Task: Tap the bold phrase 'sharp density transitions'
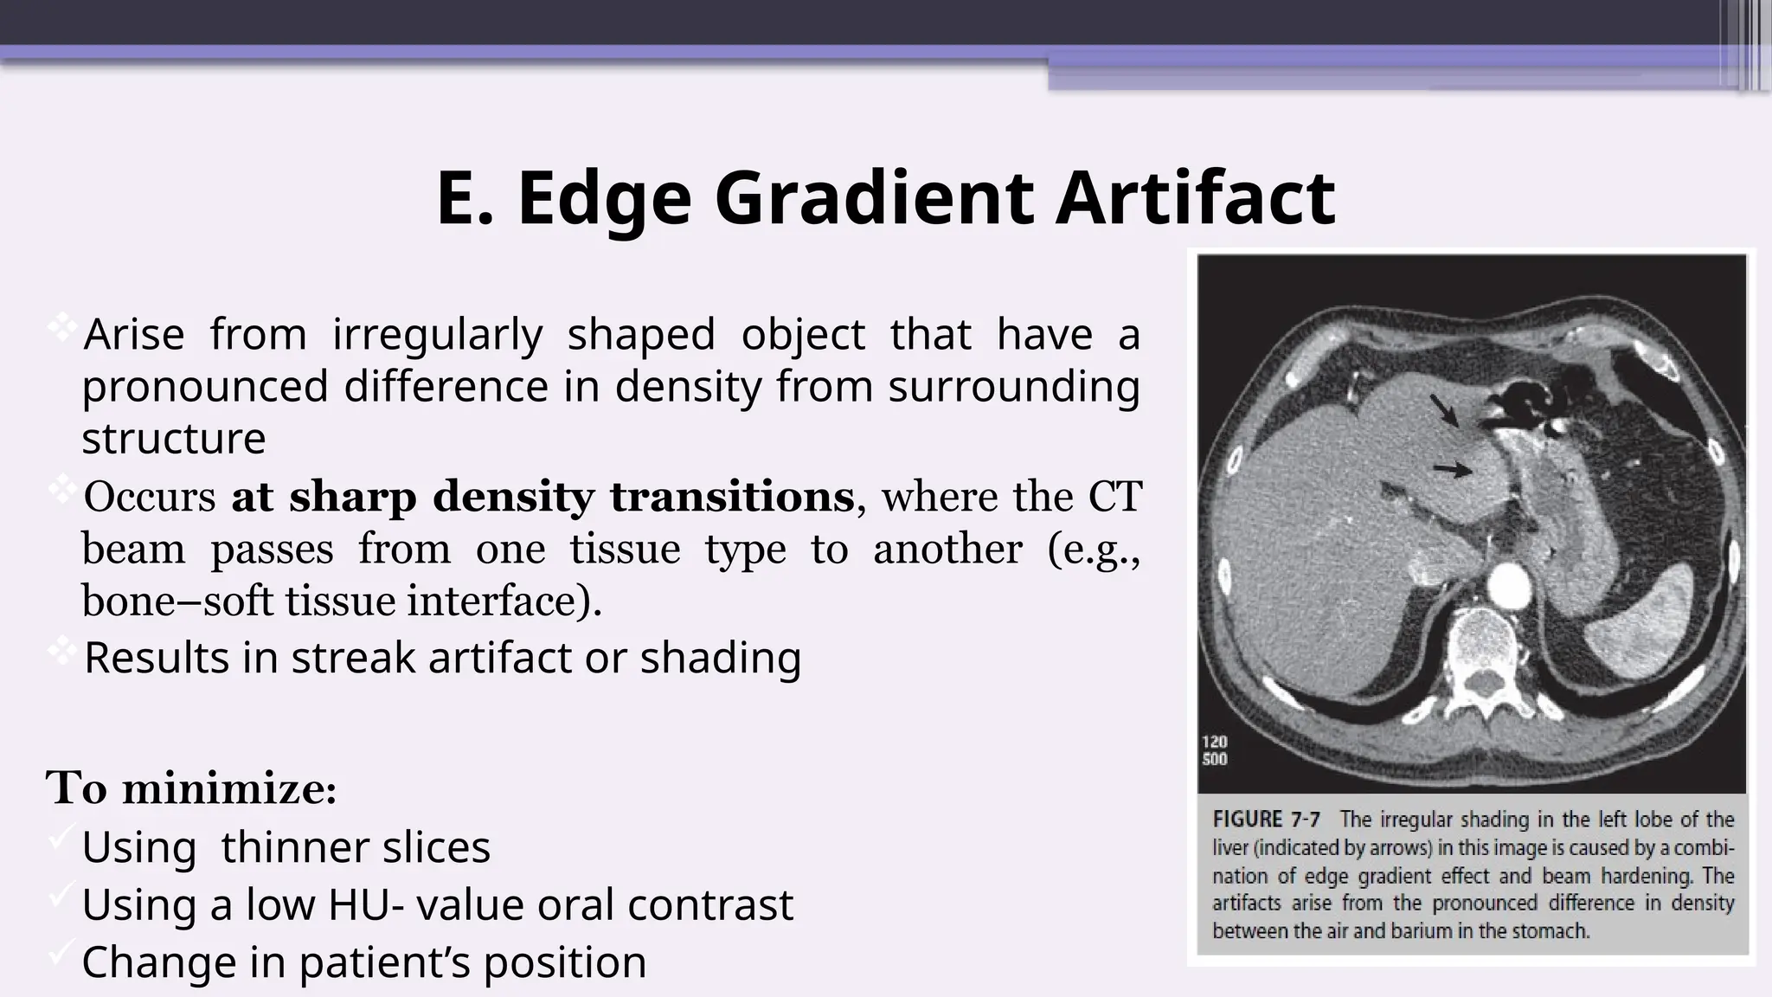point(543,497)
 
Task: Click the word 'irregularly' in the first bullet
point(437,334)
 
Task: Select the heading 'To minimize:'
point(191,788)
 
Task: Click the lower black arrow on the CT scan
point(1452,469)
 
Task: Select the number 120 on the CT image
point(1215,742)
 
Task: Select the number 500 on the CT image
point(1215,760)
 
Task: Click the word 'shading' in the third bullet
point(720,658)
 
